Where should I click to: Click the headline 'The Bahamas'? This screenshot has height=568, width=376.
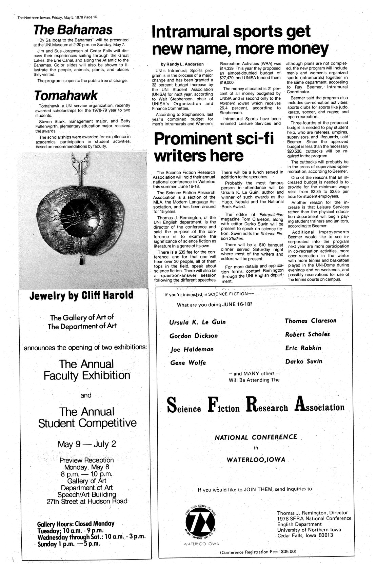73,30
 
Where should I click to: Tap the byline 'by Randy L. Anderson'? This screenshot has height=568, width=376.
182,64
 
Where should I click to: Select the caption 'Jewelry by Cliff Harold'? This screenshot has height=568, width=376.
81,295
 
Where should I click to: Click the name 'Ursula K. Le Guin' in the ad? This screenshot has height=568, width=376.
197,322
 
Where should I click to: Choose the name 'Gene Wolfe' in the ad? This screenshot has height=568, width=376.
188,363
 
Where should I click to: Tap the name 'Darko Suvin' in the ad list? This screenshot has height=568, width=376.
303,361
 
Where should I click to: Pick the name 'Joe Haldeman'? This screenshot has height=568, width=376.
192,349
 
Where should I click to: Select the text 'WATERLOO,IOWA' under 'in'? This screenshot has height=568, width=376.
256,460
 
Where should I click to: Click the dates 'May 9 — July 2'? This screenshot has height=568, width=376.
87,444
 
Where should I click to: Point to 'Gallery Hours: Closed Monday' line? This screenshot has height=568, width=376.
76,523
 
